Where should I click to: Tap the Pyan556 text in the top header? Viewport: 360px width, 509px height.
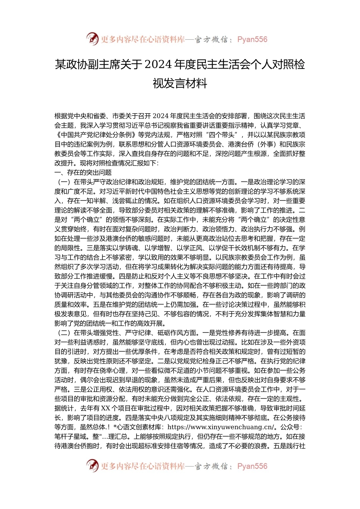click(252, 39)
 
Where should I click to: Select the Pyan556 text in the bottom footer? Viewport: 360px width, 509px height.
click(252, 466)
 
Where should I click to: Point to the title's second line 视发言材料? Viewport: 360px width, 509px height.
click(180, 83)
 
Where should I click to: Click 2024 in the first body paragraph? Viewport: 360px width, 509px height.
click(161, 116)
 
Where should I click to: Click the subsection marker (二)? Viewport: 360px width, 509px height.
click(64, 333)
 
